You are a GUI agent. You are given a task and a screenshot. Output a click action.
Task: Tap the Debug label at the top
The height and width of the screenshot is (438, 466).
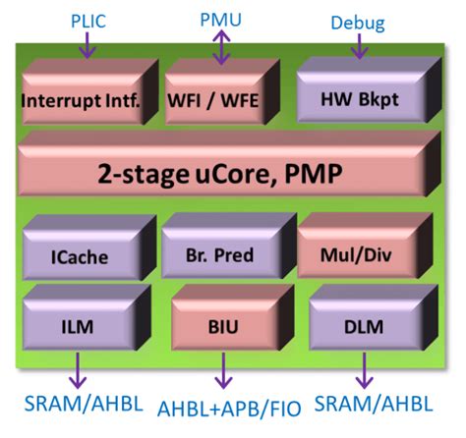[357, 22]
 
